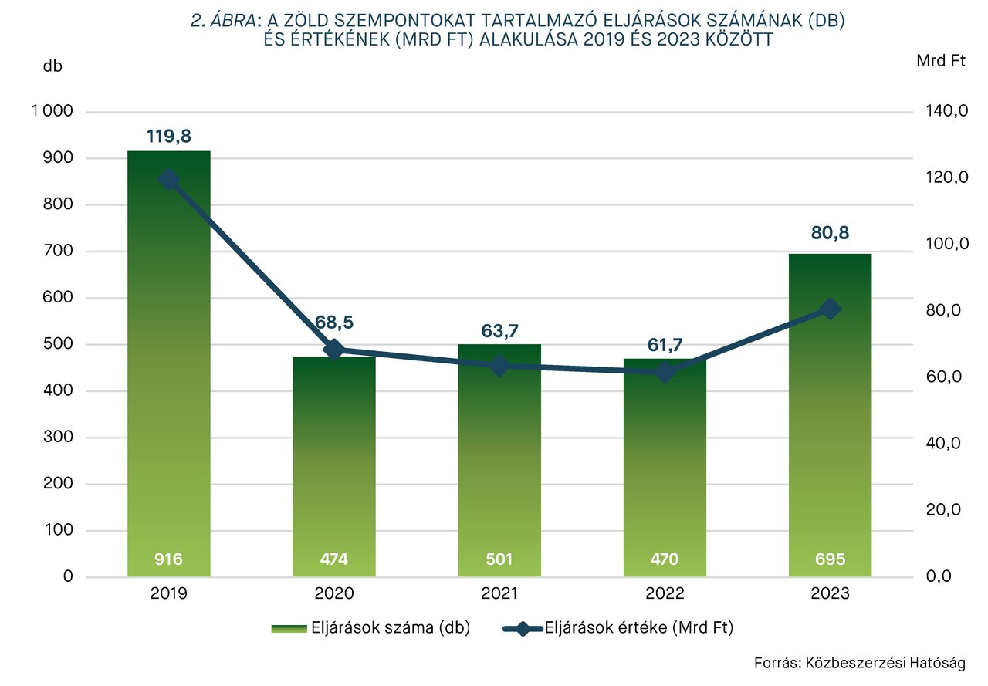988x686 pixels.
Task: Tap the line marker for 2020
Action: (x=334, y=349)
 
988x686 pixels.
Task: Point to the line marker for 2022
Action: (x=665, y=372)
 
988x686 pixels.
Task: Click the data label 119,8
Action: (x=169, y=137)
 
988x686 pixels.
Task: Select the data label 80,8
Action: (x=831, y=233)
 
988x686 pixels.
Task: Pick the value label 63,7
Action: (x=499, y=332)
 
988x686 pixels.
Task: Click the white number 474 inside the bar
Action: (x=334, y=559)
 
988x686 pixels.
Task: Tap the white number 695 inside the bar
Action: (x=831, y=559)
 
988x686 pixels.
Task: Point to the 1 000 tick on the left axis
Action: (x=52, y=112)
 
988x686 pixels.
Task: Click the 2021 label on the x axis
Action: (x=499, y=594)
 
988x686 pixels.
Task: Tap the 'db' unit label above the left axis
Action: (x=52, y=66)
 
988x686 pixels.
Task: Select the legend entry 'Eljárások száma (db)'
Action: (x=370, y=629)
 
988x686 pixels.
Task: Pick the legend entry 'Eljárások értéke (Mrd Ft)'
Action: (x=617, y=629)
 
